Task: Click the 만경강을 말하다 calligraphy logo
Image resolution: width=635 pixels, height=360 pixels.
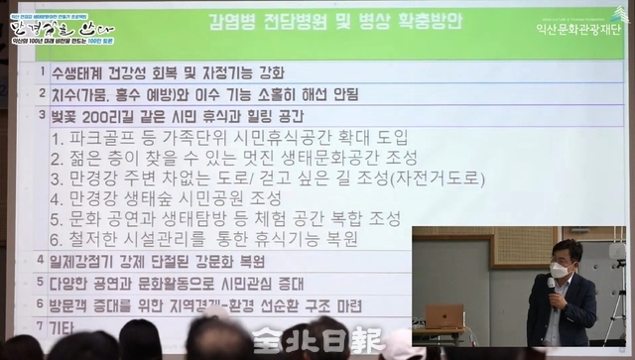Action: (x=50, y=22)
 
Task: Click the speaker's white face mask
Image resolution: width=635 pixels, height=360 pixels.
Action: (x=560, y=269)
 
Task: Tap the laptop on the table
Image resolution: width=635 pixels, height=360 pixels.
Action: (x=444, y=316)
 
